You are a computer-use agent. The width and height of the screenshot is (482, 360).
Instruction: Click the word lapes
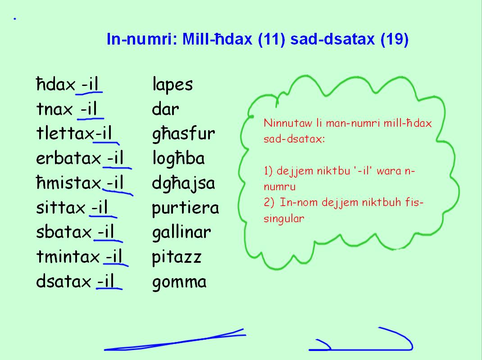[x=172, y=85]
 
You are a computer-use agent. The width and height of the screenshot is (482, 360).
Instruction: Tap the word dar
[x=165, y=109]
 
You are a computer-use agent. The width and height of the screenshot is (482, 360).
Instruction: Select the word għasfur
[x=183, y=134]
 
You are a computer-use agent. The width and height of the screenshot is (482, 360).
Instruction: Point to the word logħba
[x=178, y=158]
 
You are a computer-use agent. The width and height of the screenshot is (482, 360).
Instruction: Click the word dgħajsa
[x=183, y=184]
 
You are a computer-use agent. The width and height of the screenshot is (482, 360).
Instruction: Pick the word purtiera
[x=185, y=208]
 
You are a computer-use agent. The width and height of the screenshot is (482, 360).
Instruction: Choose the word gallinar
[x=181, y=233]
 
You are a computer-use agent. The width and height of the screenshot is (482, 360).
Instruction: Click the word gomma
[x=179, y=282]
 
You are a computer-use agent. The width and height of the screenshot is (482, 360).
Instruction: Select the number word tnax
[x=55, y=109]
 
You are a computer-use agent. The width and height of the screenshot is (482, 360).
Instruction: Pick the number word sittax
[x=60, y=208]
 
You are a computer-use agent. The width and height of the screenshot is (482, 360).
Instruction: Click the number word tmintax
[x=68, y=257]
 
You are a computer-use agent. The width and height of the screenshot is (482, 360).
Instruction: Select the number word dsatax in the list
[x=64, y=282]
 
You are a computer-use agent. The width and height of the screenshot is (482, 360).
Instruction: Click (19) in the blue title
[x=394, y=40]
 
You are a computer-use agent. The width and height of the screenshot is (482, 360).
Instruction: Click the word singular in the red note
[x=284, y=219]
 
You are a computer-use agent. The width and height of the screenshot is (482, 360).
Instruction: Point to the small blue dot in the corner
[x=15, y=19]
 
